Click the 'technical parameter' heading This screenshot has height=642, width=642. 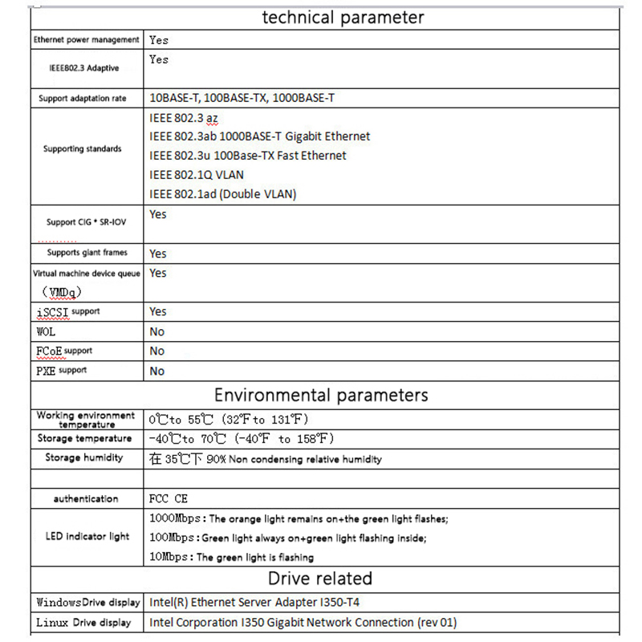tap(343, 18)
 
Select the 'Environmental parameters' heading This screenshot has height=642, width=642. tap(320, 395)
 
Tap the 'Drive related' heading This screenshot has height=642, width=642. tap(320, 579)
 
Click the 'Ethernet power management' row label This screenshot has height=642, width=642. tap(87, 39)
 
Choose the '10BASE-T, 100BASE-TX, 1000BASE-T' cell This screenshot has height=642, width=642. tap(242, 98)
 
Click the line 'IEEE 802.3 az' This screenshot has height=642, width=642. tap(184, 118)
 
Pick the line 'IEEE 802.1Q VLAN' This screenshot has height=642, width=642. tap(197, 175)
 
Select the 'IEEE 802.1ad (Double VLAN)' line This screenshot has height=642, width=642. tap(223, 194)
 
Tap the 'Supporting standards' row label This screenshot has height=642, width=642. tap(83, 148)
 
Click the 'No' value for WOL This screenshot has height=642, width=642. tap(156, 331)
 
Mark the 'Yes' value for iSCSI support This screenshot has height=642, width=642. tap(158, 311)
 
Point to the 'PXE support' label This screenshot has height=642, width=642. tap(62, 371)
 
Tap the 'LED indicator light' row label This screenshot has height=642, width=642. tap(87, 536)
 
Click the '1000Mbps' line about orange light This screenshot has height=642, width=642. tap(299, 519)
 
